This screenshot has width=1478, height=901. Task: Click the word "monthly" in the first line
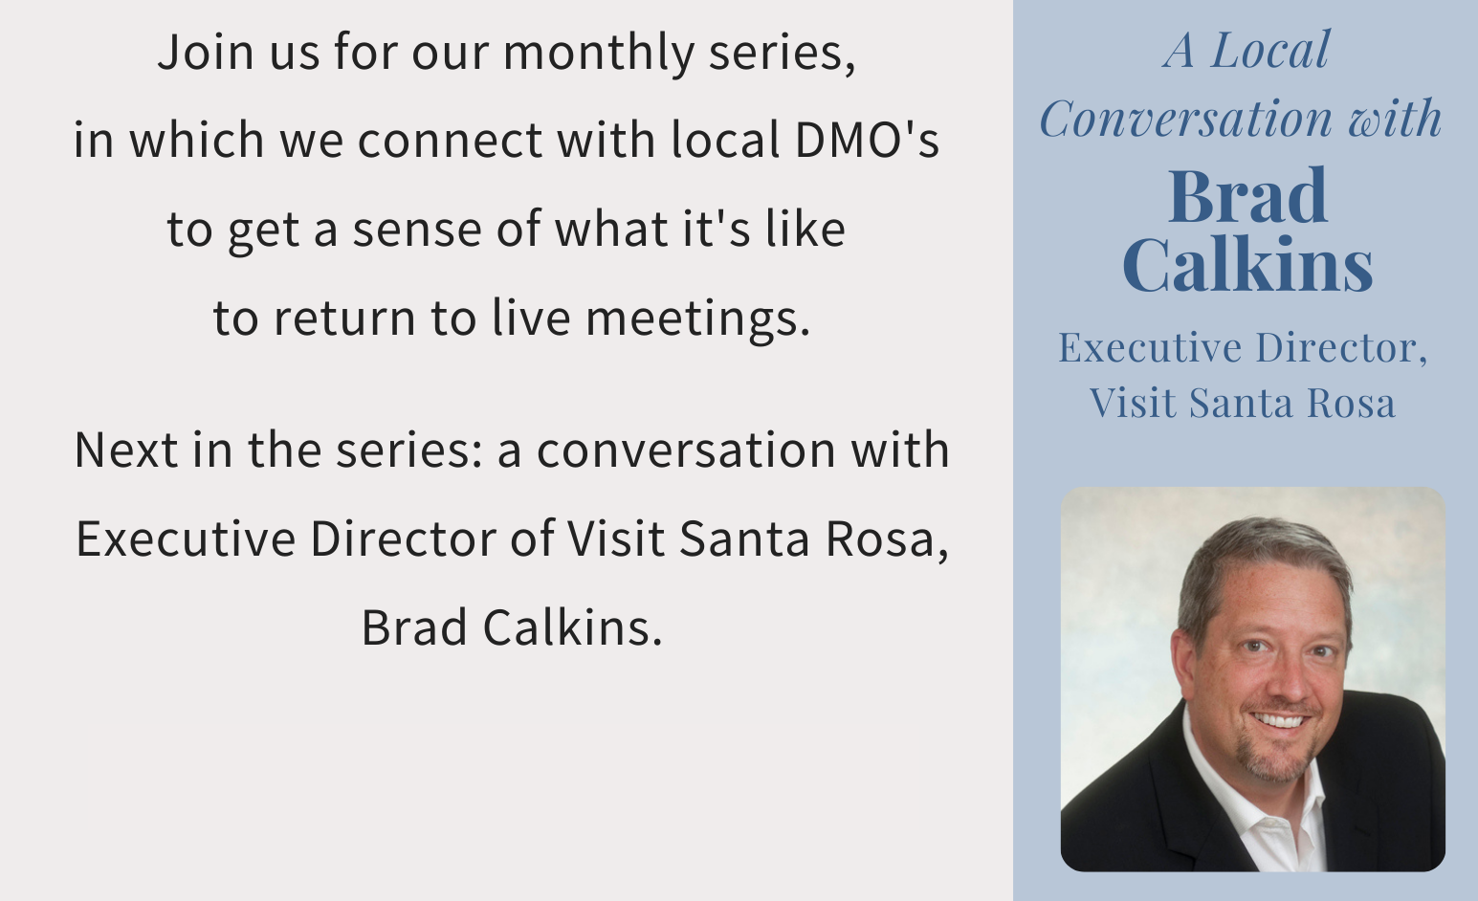pyautogui.click(x=599, y=53)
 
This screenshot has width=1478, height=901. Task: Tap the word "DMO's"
pyautogui.click(x=867, y=140)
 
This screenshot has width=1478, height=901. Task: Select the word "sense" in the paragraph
pyautogui.click(x=416, y=231)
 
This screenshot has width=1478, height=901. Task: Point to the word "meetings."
pyautogui.click(x=698, y=319)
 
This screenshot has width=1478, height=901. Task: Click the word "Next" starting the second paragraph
pyautogui.click(x=126, y=450)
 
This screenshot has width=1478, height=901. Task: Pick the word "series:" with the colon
pyautogui.click(x=409, y=450)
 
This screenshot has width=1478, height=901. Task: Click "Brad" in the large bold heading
pyautogui.click(x=1247, y=197)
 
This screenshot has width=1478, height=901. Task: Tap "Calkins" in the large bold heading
pyautogui.click(x=1247, y=264)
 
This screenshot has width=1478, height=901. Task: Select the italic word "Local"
pyautogui.click(x=1270, y=50)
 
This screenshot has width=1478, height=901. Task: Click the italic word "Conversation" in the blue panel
pyautogui.click(x=1185, y=120)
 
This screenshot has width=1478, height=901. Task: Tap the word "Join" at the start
pyautogui.click(x=206, y=52)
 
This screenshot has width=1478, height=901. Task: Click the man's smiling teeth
pyautogui.click(x=1281, y=721)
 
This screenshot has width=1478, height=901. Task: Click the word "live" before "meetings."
pyautogui.click(x=531, y=318)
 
